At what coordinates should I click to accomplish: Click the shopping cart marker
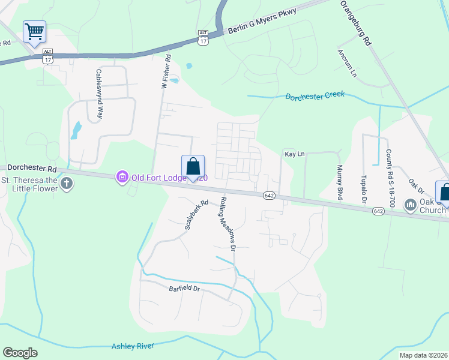coord(34,31)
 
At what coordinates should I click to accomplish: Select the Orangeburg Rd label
coord(357,23)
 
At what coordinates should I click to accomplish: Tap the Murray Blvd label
coord(339,182)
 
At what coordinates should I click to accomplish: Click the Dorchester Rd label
coord(31,170)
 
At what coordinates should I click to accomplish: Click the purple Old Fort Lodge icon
coord(122,176)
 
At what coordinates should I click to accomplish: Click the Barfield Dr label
coord(184,289)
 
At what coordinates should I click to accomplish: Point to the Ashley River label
coord(133,346)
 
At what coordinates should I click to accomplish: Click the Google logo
coord(20,353)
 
